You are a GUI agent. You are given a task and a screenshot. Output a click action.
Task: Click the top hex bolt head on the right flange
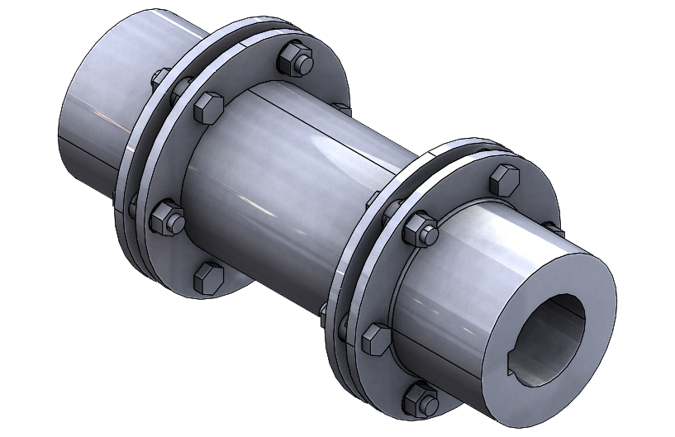coord(503,179)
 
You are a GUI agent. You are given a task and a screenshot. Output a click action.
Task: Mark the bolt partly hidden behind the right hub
coord(551,228)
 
